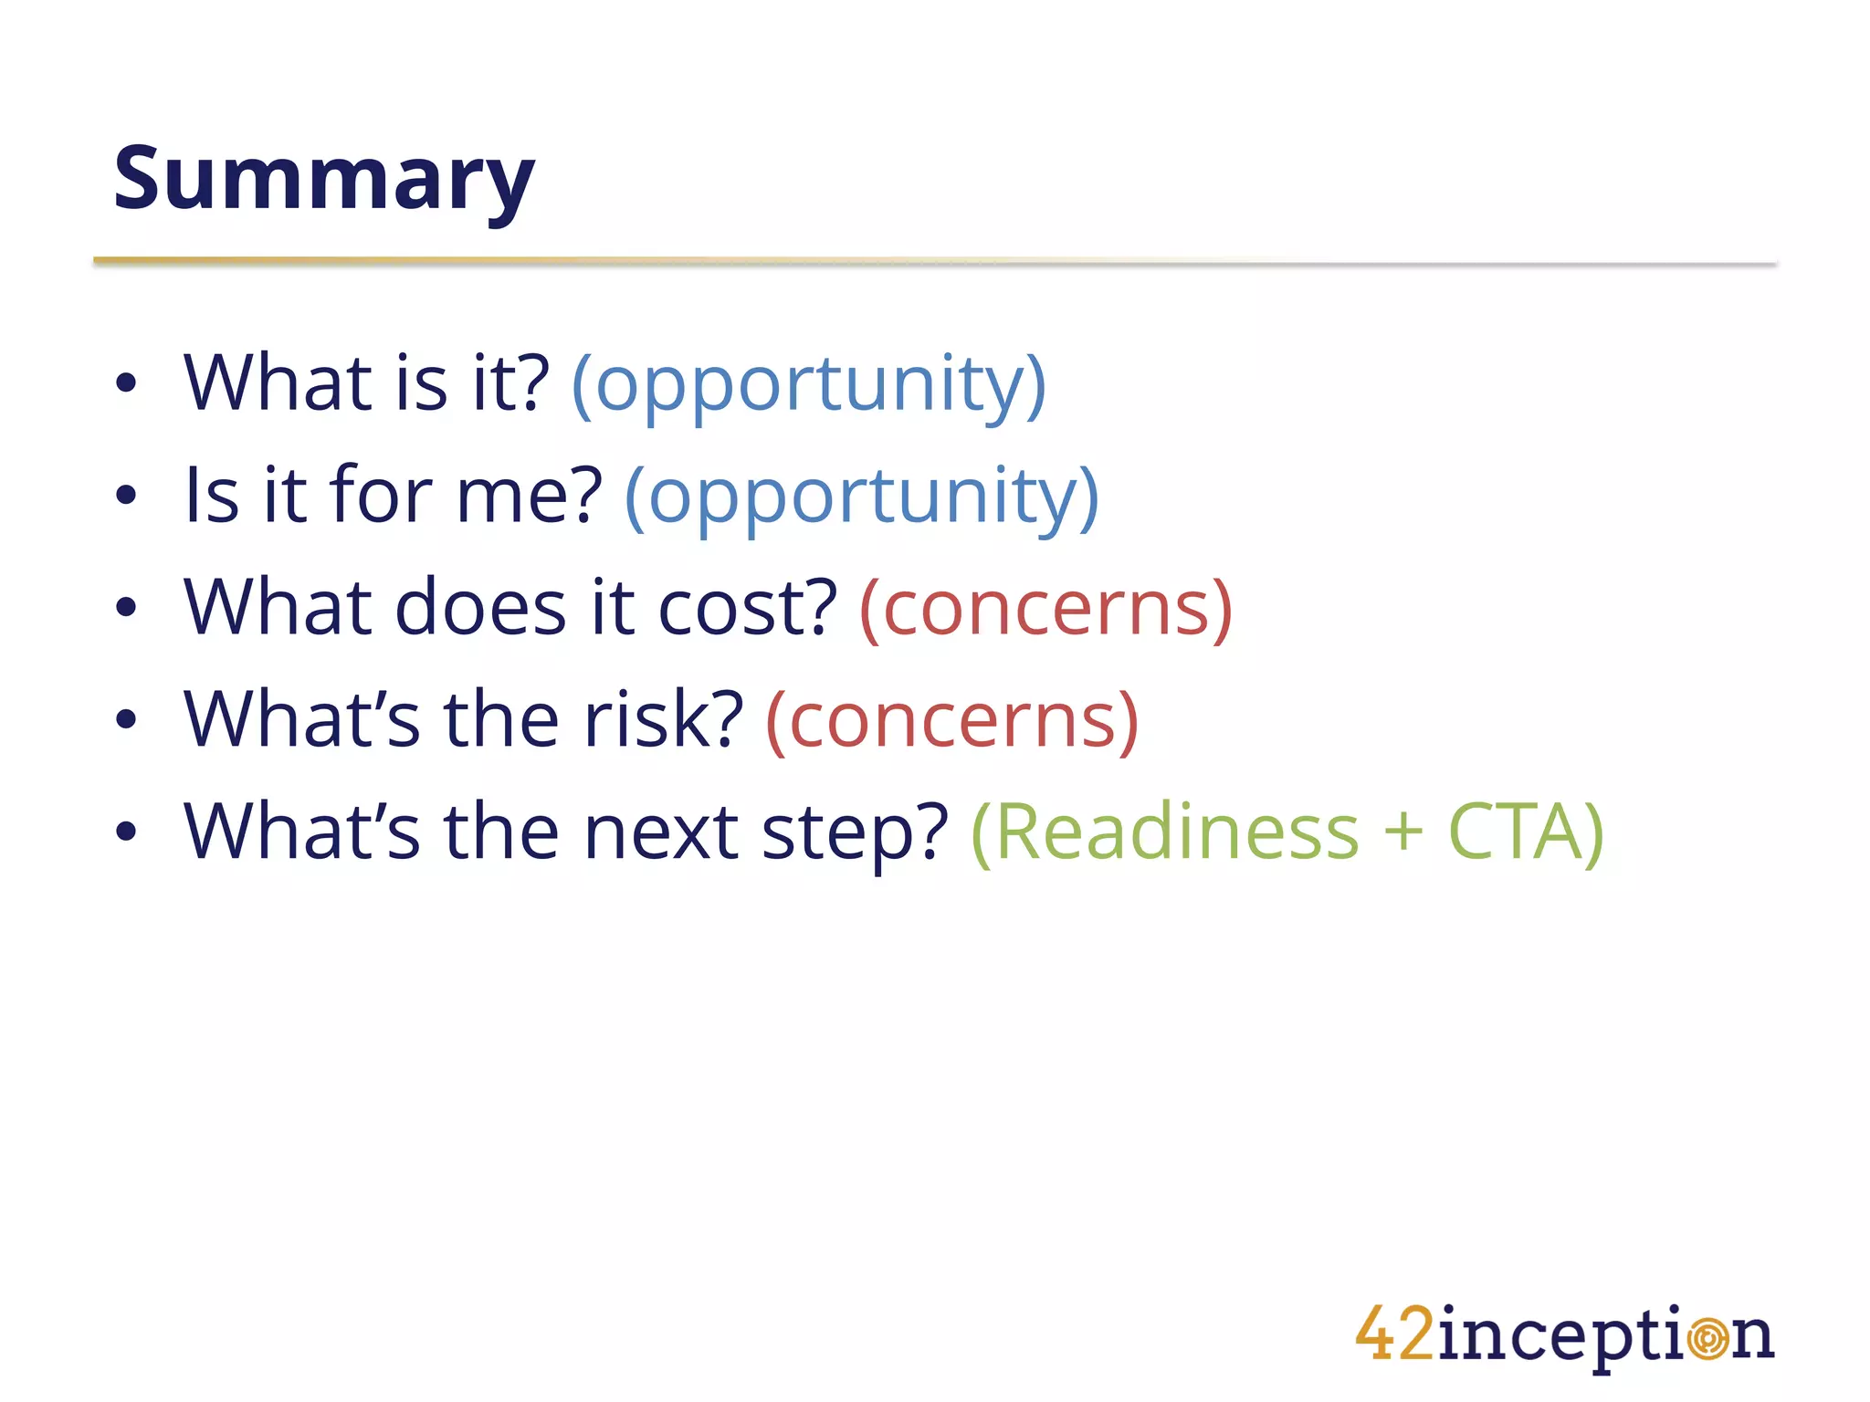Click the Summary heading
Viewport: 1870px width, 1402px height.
323,179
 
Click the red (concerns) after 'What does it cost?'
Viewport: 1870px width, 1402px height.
1046,608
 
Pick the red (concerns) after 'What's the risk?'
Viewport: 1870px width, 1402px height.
952,720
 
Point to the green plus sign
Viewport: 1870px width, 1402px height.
1403,833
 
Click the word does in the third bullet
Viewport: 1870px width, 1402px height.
480,608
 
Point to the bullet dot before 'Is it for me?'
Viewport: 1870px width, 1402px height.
126,496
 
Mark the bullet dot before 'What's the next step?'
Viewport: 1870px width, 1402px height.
126,832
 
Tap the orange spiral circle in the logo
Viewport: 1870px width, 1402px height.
1707,1339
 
